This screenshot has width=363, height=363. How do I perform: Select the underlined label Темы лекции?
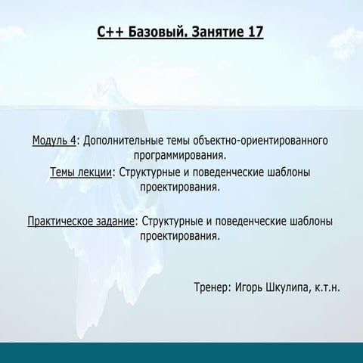tap(79, 172)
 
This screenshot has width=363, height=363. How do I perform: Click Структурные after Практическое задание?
tap(169, 222)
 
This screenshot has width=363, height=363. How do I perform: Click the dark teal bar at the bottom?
tap(181, 352)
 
